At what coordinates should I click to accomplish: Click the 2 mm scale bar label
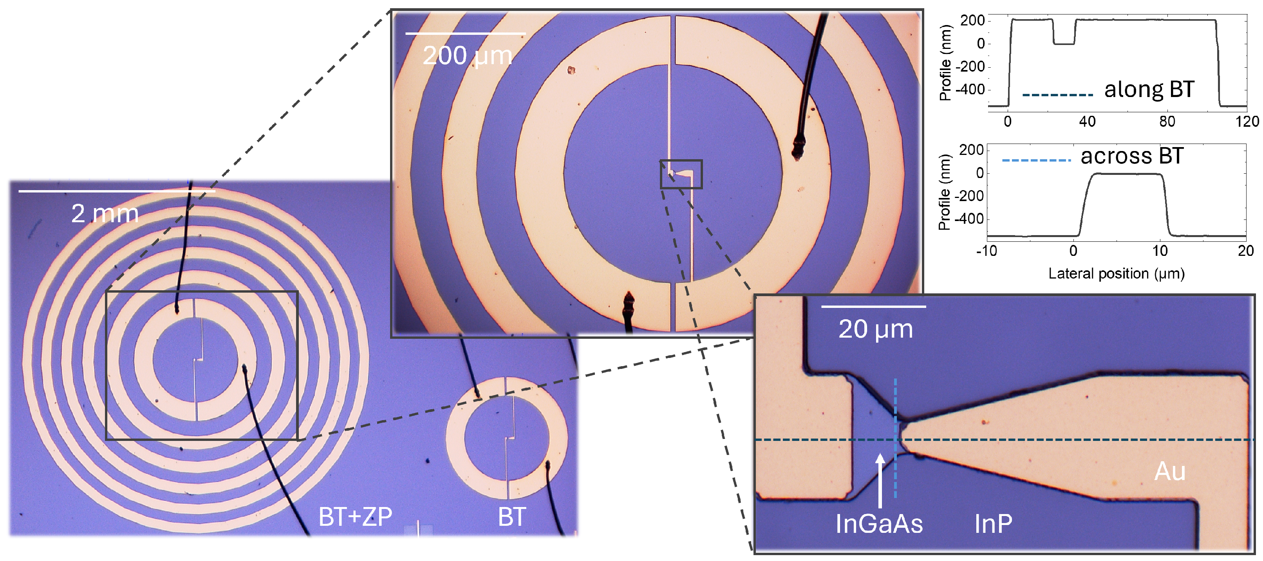(105, 214)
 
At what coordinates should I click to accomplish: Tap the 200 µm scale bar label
(467, 56)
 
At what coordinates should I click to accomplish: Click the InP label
(993, 524)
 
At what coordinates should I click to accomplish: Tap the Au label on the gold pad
(1170, 471)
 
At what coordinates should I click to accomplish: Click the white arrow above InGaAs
(880, 480)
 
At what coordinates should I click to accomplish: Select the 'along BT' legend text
(1149, 90)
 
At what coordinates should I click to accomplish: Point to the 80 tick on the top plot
(1167, 122)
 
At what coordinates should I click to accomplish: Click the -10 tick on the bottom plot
(987, 251)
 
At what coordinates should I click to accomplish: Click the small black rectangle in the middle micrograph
(681, 174)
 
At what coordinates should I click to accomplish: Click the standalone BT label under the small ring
(512, 517)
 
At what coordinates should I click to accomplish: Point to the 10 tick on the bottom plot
(1160, 251)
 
